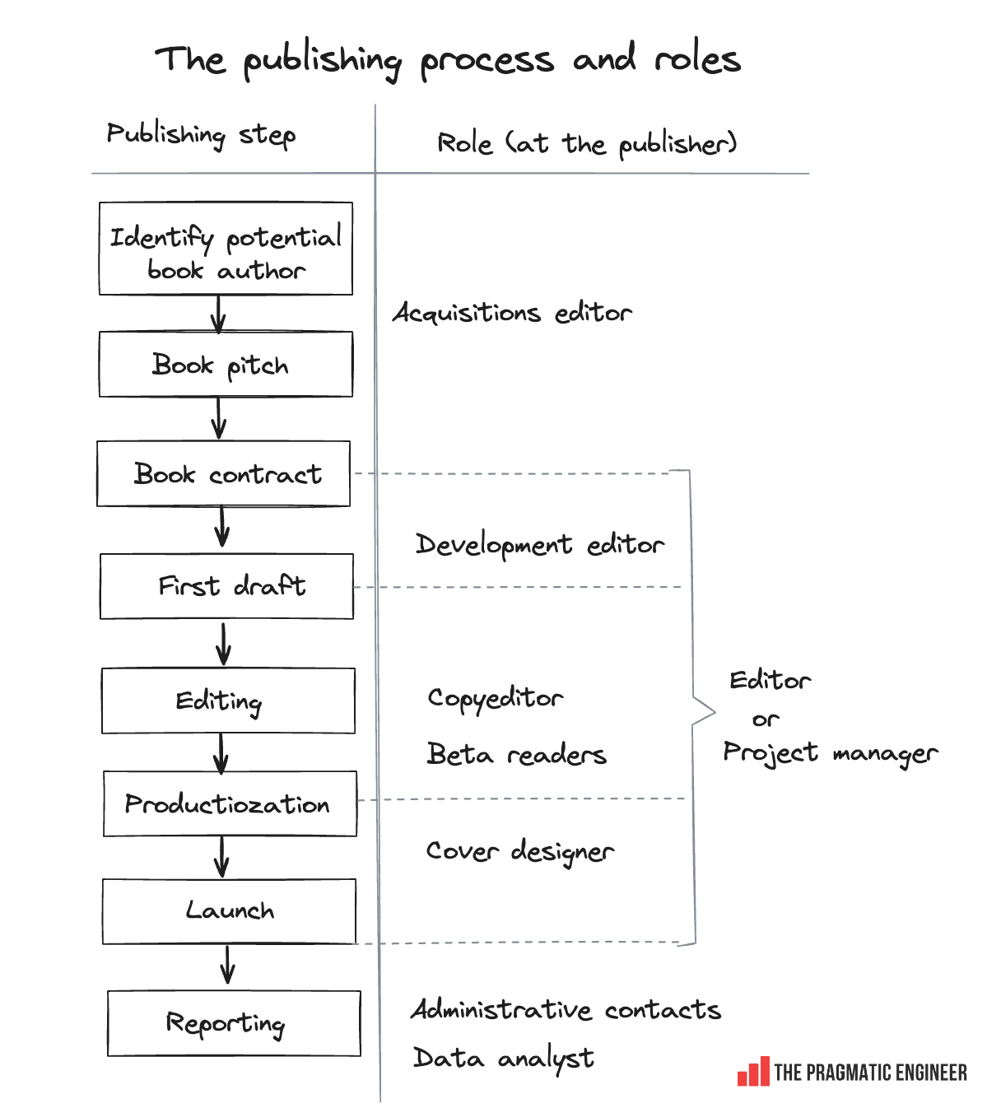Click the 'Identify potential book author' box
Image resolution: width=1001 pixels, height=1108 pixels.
click(226, 249)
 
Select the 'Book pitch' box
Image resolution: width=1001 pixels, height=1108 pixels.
click(226, 365)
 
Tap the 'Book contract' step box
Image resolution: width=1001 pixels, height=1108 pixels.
click(224, 474)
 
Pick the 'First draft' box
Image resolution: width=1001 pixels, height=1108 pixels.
click(227, 586)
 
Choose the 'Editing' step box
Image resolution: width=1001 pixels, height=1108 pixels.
click(228, 701)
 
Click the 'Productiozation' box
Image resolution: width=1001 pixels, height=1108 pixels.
click(230, 803)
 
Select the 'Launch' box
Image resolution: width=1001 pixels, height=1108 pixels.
click(229, 910)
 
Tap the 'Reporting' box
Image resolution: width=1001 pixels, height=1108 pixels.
click(234, 1023)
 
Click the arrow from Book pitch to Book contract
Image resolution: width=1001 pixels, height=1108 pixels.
click(219, 419)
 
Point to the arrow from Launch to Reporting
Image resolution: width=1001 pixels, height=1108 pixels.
click(228, 965)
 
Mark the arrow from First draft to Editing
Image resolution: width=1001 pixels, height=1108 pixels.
click(223, 644)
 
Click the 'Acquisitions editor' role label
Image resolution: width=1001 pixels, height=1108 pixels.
click(512, 313)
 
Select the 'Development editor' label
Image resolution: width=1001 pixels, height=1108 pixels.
click(539, 545)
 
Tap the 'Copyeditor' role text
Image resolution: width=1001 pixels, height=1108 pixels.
click(496, 699)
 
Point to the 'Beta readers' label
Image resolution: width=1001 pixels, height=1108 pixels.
click(516, 754)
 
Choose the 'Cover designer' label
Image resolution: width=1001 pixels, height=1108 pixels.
click(519, 851)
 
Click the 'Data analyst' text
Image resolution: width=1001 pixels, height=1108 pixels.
click(503, 1059)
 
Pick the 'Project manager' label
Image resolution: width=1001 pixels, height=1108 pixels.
click(830, 753)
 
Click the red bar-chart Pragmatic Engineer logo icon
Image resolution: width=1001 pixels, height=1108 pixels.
click(753, 1072)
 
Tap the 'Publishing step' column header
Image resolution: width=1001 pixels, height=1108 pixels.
click(201, 134)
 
